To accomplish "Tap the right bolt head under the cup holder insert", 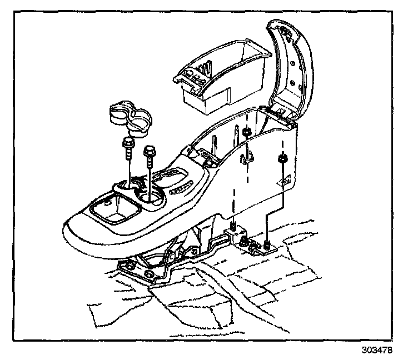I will click(149, 151).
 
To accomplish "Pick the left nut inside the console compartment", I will click(244, 133).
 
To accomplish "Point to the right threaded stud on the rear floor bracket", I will click(267, 244).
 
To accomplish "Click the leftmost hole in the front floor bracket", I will click(128, 267).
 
